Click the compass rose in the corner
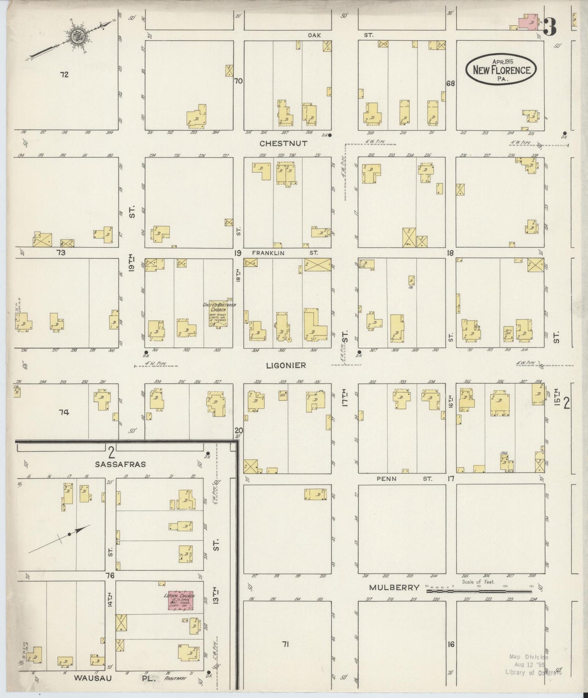pos(76,37)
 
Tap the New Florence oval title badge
pos(501,70)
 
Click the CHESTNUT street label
pos(284,143)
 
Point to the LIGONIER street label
pos(286,365)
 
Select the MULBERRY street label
pos(394,587)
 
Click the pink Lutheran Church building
pos(181,601)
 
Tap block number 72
pos(64,75)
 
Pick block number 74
pos(63,413)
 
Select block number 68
pos(450,84)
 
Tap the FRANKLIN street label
pos(268,253)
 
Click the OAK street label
pos(314,35)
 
